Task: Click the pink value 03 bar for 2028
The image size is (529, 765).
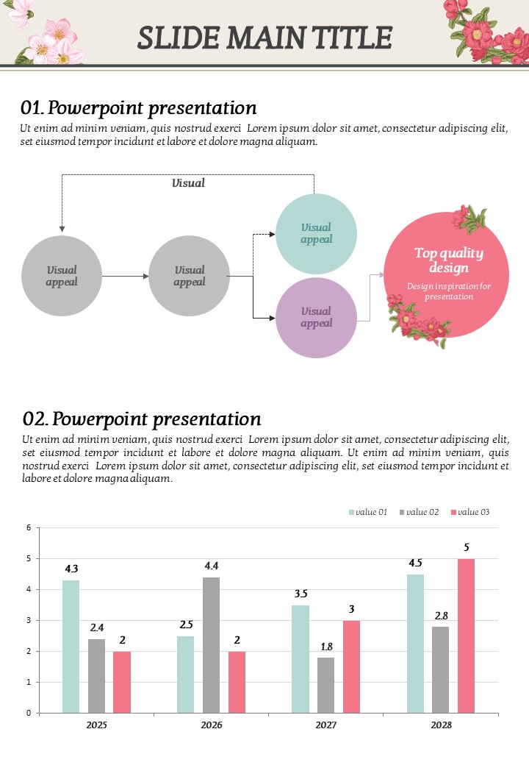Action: coord(466,636)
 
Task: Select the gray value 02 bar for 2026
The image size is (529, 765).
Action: coord(211,644)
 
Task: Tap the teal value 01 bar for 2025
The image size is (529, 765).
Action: coord(71,646)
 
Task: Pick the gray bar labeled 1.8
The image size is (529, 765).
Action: coord(325,685)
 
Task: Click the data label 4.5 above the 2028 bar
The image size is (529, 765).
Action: coord(415,563)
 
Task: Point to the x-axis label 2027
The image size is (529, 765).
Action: coord(326,725)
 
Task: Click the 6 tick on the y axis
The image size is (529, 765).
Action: coord(28,527)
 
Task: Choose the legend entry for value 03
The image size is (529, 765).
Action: coord(470,512)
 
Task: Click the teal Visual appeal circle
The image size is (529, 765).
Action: coord(316,234)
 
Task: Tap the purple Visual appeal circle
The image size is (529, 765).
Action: coord(316,318)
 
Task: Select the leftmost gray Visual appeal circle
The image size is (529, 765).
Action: coord(62,276)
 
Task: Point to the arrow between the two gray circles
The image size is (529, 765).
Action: coord(125,276)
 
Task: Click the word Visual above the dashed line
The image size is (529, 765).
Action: coord(188,183)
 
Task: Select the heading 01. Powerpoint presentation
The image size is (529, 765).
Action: coord(139,108)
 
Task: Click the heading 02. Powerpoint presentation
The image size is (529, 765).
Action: coord(142,419)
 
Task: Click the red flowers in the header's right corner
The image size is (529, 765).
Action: coord(485,31)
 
